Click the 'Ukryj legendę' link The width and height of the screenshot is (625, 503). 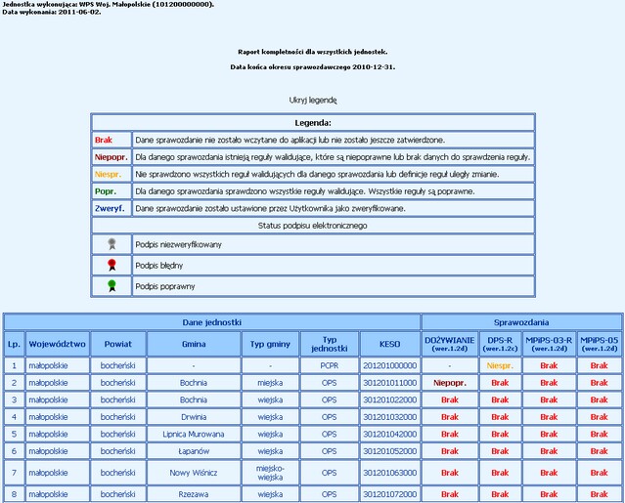click(x=313, y=100)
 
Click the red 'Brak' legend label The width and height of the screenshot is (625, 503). click(x=104, y=140)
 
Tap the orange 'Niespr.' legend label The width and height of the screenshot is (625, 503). click(x=108, y=174)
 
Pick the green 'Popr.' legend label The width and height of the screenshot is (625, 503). click(x=107, y=191)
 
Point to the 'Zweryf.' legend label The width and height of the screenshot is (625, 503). click(x=110, y=208)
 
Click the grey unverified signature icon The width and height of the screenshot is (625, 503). click(x=111, y=243)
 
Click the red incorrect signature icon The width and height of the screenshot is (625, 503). click(x=111, y=264)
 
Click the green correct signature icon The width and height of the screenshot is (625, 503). click(x=111, y=285)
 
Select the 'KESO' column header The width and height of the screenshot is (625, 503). click(x=388, y=344)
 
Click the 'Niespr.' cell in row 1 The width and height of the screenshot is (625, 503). click(x=501, y=365)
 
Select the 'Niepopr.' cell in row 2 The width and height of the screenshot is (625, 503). click(x=450, y=383)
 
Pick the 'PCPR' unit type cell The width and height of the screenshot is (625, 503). click(x=329, y=365)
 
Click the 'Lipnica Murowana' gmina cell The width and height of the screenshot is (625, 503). click(x=194, y=433)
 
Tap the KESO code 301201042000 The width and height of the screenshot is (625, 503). click(x=388, y=433)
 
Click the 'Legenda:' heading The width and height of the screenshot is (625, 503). click(x=313, y=123)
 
